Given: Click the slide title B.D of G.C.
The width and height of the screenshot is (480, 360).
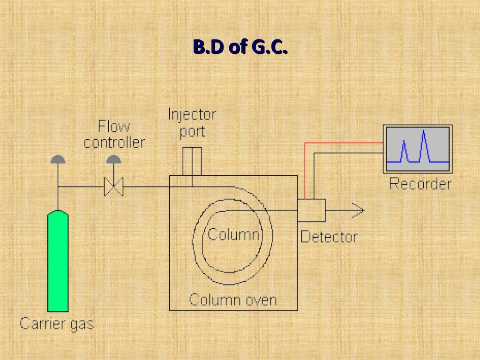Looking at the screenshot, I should (240, 48).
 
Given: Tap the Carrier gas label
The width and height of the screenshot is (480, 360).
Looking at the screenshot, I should (57, 323).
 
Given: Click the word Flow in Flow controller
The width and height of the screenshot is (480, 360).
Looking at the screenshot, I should (113, 127).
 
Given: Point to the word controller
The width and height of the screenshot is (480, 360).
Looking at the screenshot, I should (114, 142).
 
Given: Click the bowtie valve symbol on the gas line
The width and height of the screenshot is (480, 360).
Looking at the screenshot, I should (113, 187).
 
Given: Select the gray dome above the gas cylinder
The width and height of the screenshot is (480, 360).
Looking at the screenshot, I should (58, 159).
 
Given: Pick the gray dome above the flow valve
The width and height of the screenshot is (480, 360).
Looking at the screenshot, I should (113, 159).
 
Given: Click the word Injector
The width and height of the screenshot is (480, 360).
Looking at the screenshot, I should (192, 115).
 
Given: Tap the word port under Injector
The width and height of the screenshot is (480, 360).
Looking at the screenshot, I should (192, 131).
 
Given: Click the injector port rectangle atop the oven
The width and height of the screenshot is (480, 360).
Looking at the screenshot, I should (192, 161).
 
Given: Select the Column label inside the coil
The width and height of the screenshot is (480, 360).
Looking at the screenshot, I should (233, 234).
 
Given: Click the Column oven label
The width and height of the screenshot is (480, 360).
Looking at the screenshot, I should (233, 299).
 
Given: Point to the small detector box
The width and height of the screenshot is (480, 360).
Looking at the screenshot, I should (311, 210).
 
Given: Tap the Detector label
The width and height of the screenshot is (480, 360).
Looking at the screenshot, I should (329, 237).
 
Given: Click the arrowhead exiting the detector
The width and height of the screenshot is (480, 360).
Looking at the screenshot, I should (358, 211).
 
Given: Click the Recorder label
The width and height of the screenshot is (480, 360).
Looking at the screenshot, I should (420, 183).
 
